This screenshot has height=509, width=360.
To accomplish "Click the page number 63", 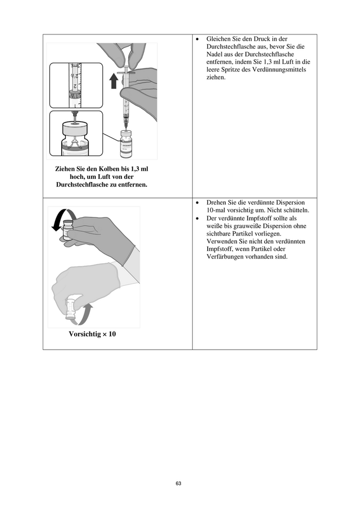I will tap(178, 484).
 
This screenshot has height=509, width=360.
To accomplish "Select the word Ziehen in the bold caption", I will tap(66, 169).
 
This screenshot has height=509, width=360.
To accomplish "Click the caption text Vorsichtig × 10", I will tap(92, 334).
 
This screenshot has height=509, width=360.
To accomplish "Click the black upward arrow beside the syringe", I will tap(114, 81).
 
